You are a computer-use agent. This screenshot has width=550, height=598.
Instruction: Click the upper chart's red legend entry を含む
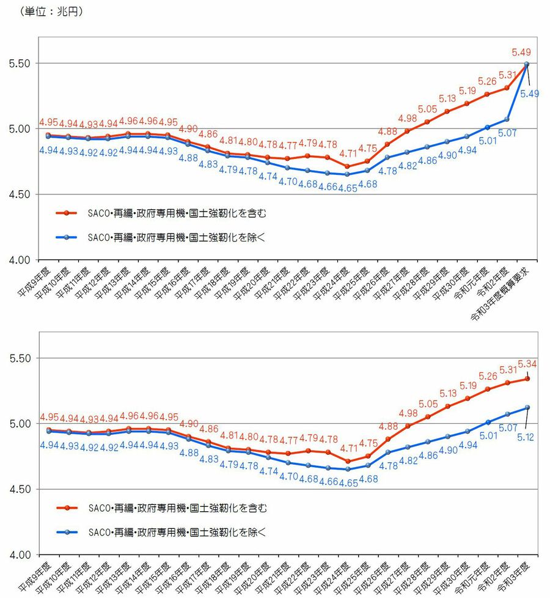177,213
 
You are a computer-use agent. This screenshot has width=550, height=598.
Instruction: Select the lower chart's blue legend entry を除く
177,532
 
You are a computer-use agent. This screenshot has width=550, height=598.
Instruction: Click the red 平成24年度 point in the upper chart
347,166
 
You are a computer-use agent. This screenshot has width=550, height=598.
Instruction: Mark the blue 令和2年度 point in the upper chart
507,119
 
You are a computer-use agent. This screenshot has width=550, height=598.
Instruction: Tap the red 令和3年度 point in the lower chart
527,378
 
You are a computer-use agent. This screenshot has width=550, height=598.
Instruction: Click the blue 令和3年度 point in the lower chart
527,407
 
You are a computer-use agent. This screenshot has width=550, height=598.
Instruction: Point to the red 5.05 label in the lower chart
427,404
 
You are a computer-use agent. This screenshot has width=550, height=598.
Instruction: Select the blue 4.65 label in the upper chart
347,185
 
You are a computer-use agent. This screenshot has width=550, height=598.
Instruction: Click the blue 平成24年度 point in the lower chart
347,469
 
